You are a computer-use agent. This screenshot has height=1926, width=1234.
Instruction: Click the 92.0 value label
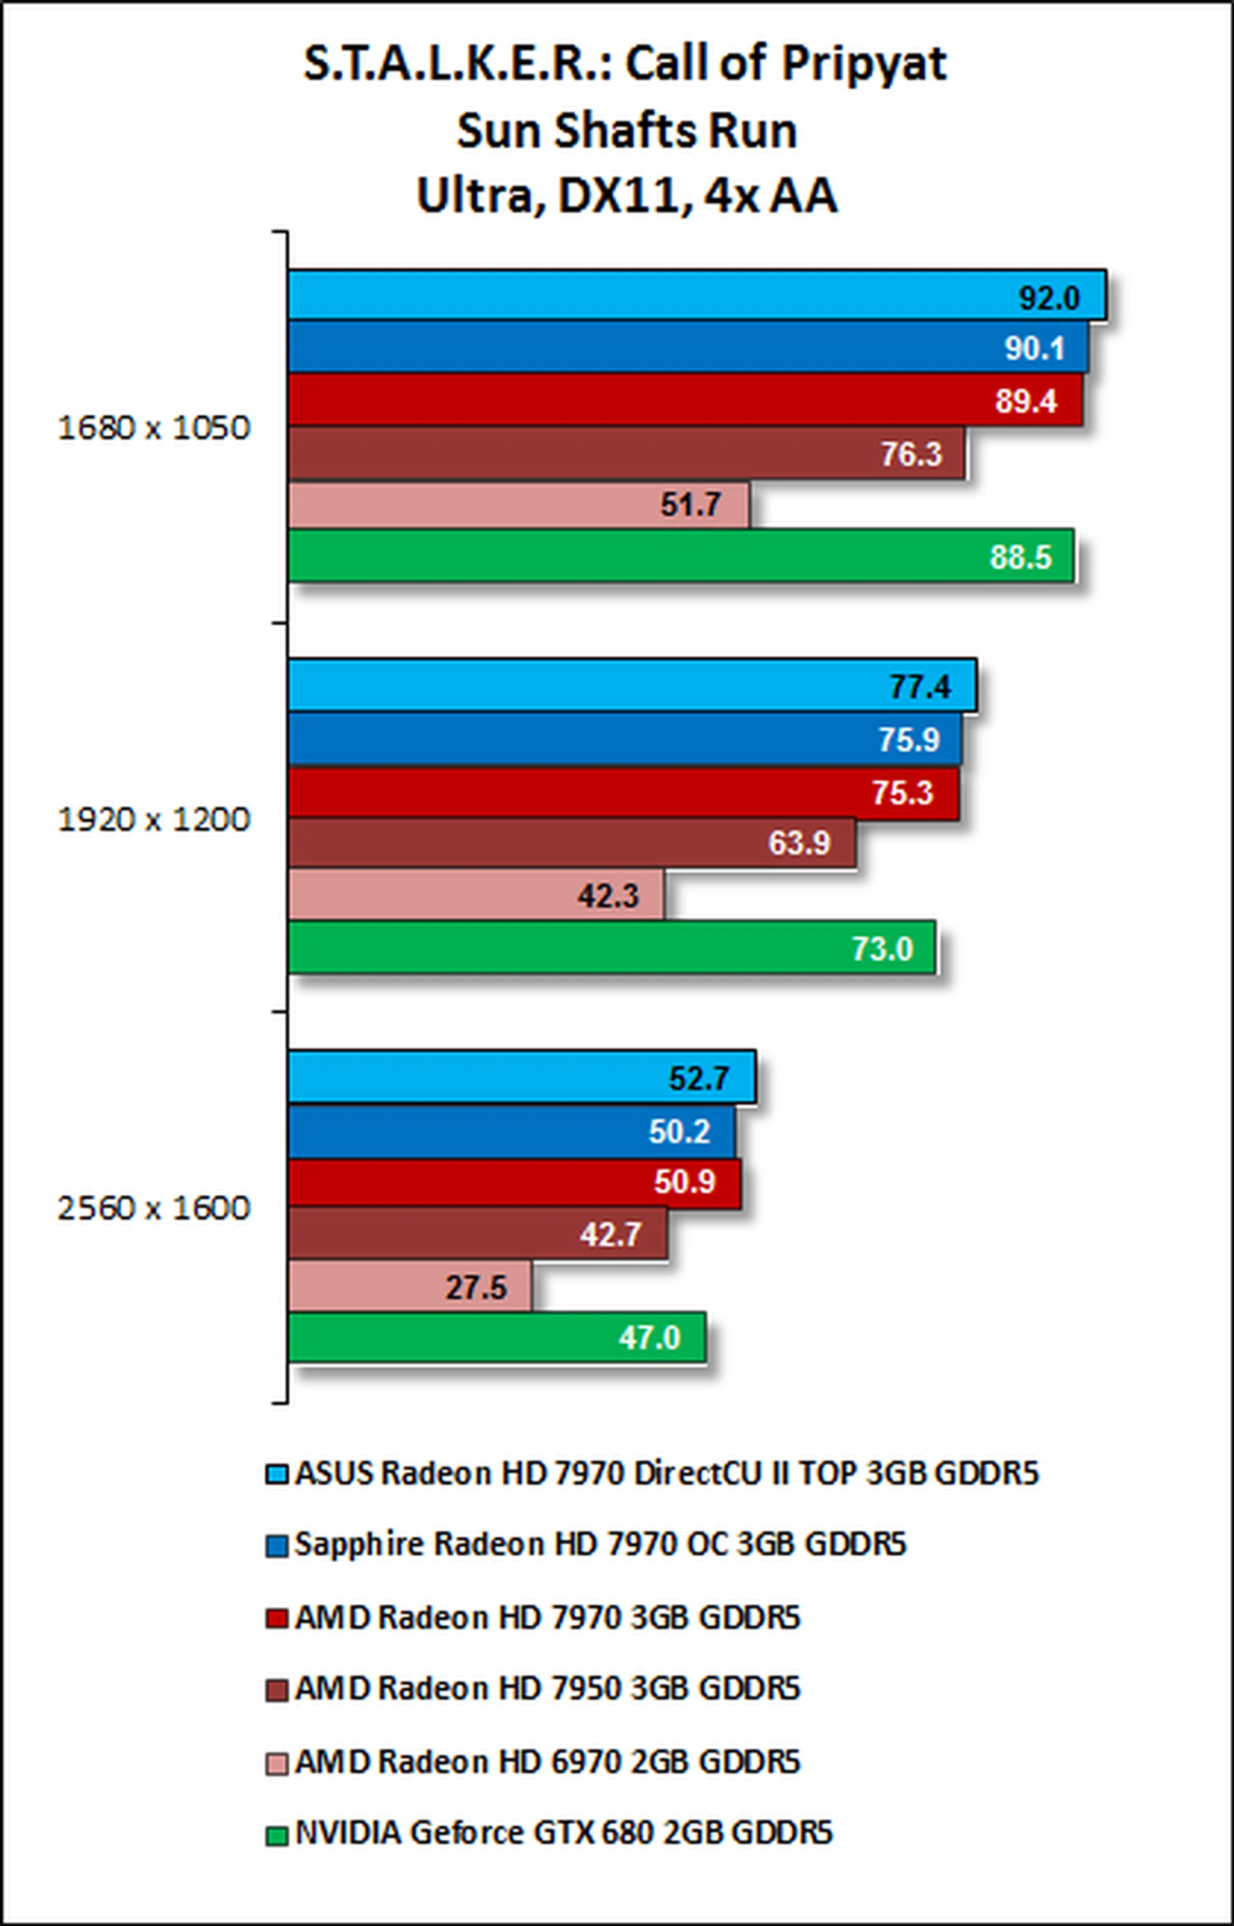click(x=1049, y=298)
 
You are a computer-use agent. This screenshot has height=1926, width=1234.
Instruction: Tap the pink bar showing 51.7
click(x=519, y=504)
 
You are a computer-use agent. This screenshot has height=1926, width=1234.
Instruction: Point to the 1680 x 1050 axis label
click(x=154, y=428)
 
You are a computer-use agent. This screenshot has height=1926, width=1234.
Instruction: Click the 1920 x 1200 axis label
click(x=154, y=819)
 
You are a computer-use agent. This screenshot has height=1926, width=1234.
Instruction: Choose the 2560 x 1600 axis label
click(x=154, y=1208)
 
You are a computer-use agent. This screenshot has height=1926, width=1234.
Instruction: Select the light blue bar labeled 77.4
click(x=631, y=686)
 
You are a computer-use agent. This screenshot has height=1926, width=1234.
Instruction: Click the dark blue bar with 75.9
click(x=624, y=738)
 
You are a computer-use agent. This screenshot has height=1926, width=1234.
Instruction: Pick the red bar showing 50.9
click(x=514, y=1182)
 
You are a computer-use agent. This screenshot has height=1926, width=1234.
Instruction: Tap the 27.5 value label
click(x=476, y=1287)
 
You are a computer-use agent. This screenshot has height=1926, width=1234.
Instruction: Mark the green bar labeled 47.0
click(x=496, y=1337)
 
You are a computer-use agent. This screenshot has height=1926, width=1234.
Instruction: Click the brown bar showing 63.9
click(x=571, y=842)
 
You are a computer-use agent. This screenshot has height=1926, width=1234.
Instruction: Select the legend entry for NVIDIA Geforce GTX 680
click(x=563, y=1832)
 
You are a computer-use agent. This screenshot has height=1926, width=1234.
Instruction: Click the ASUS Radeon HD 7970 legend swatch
click(x=276, y=1474)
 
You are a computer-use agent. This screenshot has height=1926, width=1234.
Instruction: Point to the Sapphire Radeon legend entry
click(x=600, y=1544)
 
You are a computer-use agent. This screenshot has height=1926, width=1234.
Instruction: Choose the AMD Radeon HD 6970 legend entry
click(x=548, y=1761)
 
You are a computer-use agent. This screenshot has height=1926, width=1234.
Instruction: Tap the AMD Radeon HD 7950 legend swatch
click(x=276, y=1690)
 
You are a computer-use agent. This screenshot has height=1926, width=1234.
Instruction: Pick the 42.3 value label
click(x=608, y=896)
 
